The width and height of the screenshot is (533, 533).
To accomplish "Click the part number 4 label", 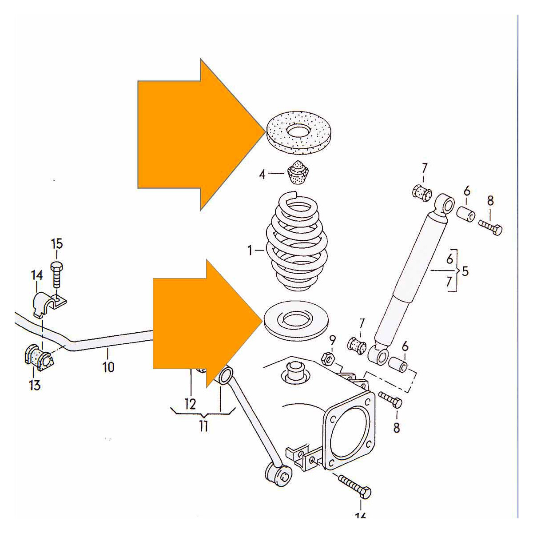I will click(x=262, y=174).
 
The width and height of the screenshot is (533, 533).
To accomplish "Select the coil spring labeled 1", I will click(x=297, y=244).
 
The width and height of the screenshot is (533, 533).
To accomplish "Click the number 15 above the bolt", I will click(x=57, y=244).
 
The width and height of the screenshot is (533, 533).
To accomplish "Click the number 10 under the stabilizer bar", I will click(x=108, y=367).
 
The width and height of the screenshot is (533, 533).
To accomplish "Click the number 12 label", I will click(x=190, y=404).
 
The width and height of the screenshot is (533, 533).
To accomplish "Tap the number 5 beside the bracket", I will click(x=465, y=270).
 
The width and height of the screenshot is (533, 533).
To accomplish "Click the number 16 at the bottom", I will click(x=360, y=515).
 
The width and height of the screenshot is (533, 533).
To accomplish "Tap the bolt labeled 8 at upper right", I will click(x=491, y=228).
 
